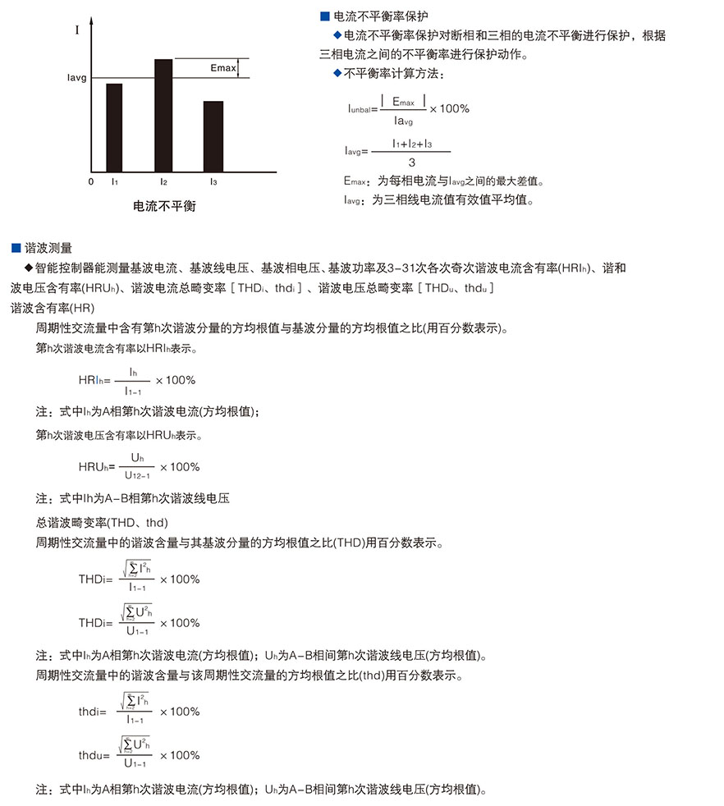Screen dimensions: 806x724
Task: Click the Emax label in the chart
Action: pyautogui.click(x=222, y=67)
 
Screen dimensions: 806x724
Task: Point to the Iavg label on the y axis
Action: pyautogui.click(x=77, y=79)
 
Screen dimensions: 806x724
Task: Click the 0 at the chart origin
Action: pyautogui.click(x=91, y=181)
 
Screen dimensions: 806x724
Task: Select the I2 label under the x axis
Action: pyautogui.click(x=163, y=181)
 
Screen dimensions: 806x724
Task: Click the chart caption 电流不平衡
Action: pyautogui.click(x=165, y=205)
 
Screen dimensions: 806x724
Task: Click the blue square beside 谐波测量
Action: pyautogui.click(x=16, y=247)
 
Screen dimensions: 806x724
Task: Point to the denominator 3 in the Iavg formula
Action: pyautogui.click(x=411, y=163)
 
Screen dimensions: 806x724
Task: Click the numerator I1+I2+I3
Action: pyautogui.click(x=411, y=144)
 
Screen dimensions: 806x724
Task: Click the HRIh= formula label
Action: pyautogui.click(x=94, y=380)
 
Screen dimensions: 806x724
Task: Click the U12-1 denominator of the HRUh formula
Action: pyautogui.click(x=137, y=475)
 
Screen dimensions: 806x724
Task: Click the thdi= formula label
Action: pyautogui.click(x=93, y=712)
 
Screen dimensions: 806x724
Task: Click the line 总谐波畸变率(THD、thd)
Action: pyautogui.click(x=102, y=522)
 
